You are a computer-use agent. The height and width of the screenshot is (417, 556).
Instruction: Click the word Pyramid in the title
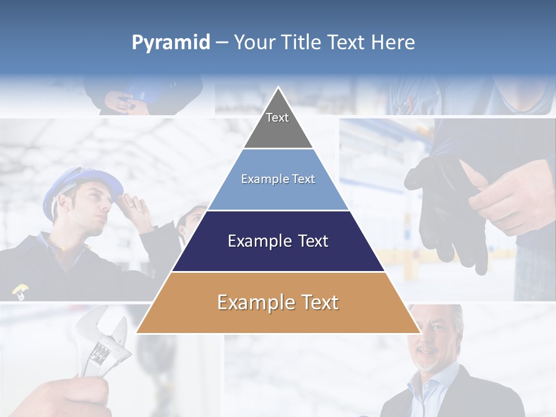pyautogui.click(x=171, y=43)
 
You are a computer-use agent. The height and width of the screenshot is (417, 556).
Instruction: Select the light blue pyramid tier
pyautogui.click(x=278, y=180)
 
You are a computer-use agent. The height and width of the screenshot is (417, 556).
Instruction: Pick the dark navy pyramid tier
pyautogui.click(x=278, y=241)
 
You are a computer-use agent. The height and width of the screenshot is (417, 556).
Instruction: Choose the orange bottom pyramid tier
pyautogui.click(x=278, y=303)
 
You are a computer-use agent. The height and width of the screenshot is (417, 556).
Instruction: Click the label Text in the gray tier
pyautogui.click(x=277, y=118)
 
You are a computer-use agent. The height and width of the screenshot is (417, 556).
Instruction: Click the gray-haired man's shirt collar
pyautogui.click(x=426, y=382)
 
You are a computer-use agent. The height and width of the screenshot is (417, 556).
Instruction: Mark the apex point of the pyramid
pyautogui.click(x=278, y=88)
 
